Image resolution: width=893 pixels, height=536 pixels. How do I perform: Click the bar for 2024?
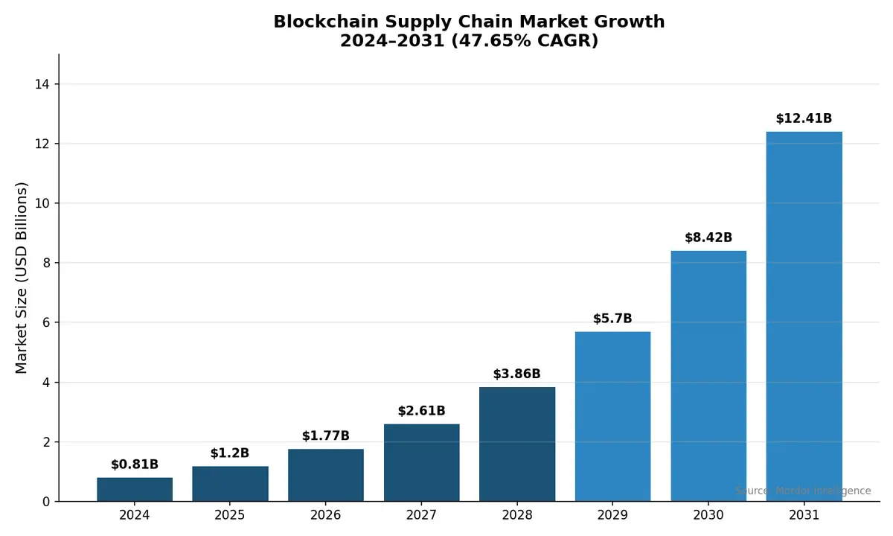pyautogui.click(x=135, y=489)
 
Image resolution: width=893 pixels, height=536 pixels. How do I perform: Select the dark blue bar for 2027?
pyautogui.click(x=421, y=462)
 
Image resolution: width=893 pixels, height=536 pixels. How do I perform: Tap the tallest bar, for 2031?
pyautogui.click(x=804, y=316)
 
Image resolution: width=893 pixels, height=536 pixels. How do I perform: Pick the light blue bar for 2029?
pyautogui.click(x=612, y=416)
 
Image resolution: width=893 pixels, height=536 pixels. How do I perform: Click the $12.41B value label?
pyautogui.click(x=804, y=118)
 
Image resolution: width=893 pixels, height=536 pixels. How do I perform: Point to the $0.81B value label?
pyautogui.click(x=135, y=465)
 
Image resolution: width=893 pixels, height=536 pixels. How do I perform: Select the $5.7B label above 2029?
pyautogui.click(x=612, y=319)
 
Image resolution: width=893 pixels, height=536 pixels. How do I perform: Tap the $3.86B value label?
pyautogui.click(x=516, y=374)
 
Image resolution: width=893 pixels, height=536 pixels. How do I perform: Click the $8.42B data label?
pyautogui.click(x=708, y=237)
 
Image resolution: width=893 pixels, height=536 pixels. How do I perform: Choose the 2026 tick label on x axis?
pyautogui.click(x=325, y=515)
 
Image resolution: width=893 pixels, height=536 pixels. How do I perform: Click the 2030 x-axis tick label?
pyautogui.click(x=708, y=515)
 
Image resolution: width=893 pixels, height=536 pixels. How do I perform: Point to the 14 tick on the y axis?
pyautogui.click(x=42, y=84)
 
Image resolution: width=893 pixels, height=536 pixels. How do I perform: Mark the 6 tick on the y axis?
pyautogui.click(x=45, y=322)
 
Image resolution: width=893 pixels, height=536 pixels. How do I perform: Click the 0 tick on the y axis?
pyautogui.click(x=45, y=502)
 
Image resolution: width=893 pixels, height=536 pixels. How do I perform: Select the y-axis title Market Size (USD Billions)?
pyautogui.click(x=22, y=278)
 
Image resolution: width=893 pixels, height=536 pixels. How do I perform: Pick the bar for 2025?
pyautogui.click(x=230, y=484)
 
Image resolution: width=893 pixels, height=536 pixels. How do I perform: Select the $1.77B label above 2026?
pyautogui.click(x=325, y=435)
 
